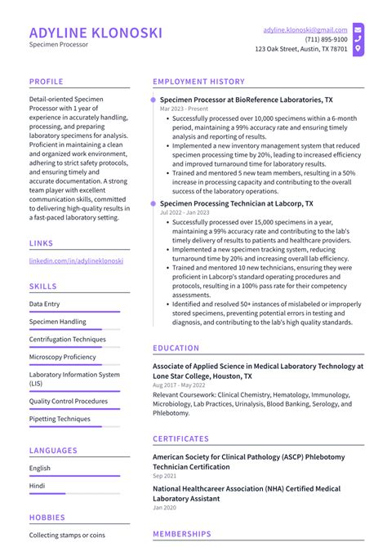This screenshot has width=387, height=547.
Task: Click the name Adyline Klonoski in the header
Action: [x=96, y=33]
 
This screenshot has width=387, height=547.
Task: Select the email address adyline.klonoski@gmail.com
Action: [x=305, y=29]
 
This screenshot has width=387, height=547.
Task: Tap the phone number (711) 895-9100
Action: [x=326, y=39]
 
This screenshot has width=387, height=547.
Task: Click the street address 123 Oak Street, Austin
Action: [x=301, y=49]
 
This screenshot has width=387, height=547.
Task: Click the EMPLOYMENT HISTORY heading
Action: [x=198, y=82]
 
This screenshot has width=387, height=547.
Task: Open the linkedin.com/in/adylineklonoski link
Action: [x=76, y=260]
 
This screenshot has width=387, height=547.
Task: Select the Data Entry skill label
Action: [x=44, y=304]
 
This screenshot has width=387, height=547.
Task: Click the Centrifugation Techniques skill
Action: [x=67, y=339]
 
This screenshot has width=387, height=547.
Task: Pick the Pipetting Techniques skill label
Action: [x=60, y=419]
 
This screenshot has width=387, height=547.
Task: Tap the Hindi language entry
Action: [x=38, y=486]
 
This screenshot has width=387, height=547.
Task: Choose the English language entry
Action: [x=40, y=468]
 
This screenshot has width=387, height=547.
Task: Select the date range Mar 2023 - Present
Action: [x=184, y=109]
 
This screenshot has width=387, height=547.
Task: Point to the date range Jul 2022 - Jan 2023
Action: [x=185, y=212]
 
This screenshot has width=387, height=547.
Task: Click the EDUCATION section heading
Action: [x=176, y=348]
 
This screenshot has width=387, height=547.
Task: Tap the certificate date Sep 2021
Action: [x=165, y=475]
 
